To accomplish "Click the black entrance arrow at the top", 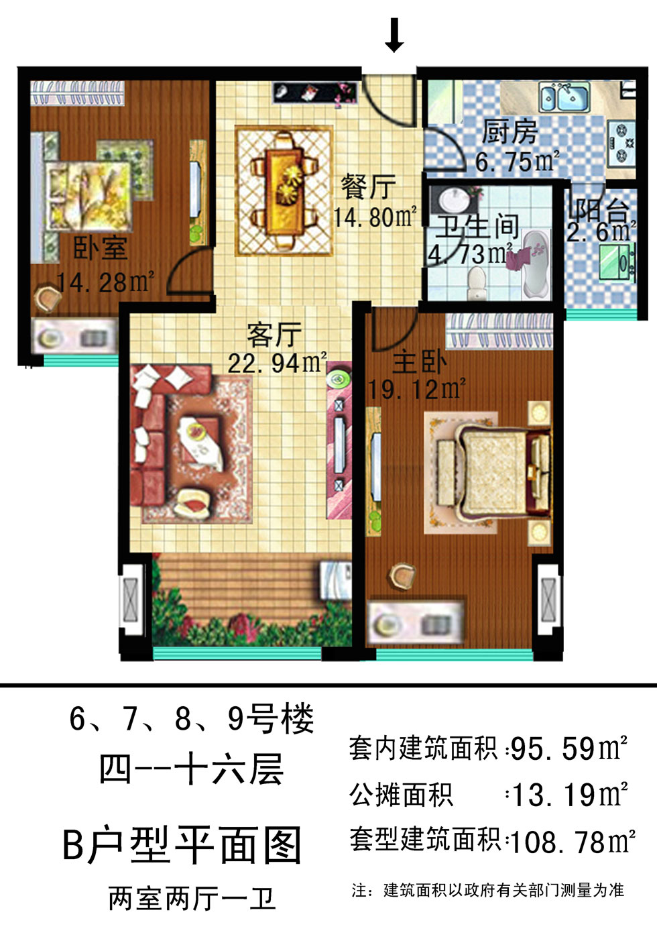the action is click(x=394, y=36).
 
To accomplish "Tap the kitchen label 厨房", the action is click(x=510, y=131).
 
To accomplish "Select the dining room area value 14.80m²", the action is click(x=375, y=217).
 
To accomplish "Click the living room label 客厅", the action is click(x=274, y=335).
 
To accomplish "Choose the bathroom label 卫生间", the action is click(x=477, y=227).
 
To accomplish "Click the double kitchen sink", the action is click(x=564, y=97).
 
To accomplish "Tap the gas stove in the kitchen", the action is click(x=621, y=143).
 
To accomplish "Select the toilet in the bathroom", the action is click(x=476, y=282).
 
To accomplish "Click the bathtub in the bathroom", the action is click(x=536, y=263).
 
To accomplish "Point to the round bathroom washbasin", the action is click(x=453, y=200).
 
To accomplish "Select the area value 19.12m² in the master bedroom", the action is click(x=417, y=388).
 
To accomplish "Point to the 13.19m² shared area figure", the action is click(x=569, y=794).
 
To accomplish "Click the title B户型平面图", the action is click(x=182, y=845).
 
